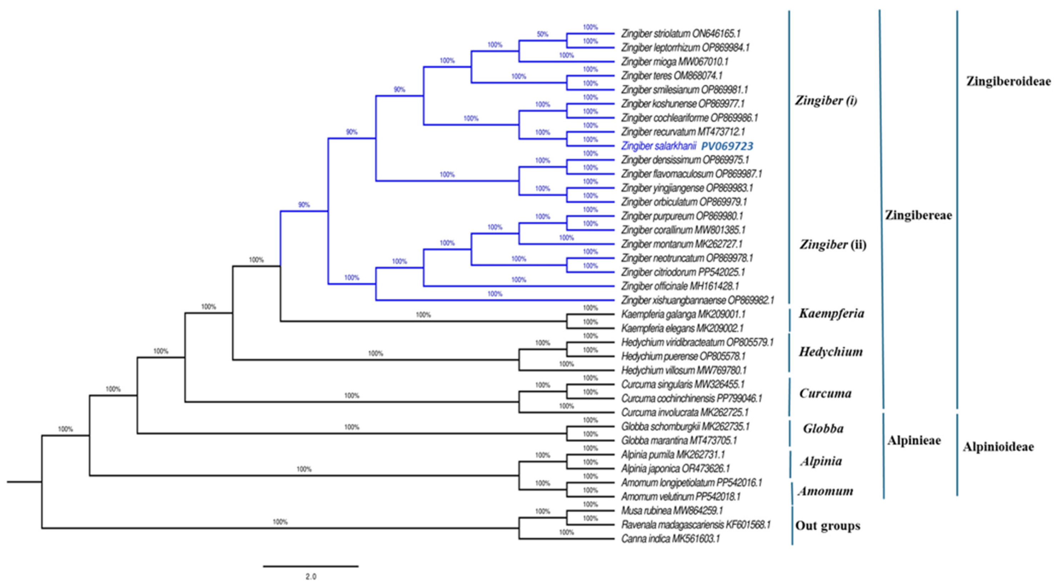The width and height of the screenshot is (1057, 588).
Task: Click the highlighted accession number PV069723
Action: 727,146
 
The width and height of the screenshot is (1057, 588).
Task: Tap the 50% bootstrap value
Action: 542,34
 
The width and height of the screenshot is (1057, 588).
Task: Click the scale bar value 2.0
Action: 311,577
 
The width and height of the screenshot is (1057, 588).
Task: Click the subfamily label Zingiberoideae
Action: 1008,81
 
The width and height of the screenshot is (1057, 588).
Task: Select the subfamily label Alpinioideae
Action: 998,447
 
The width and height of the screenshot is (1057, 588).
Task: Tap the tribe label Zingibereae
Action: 918,215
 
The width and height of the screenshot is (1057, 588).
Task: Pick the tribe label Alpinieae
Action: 914,441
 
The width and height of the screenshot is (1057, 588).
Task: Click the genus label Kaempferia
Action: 831,314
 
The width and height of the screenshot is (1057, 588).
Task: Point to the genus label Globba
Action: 823,429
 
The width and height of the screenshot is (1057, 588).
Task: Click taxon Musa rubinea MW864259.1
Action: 672,511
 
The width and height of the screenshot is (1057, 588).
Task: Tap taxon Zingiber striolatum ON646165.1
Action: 680,34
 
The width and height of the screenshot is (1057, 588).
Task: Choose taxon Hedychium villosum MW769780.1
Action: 683,370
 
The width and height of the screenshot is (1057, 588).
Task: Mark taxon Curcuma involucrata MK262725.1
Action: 685,412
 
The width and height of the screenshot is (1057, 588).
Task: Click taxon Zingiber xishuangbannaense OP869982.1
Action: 697,301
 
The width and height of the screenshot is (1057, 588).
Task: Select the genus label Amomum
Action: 825,491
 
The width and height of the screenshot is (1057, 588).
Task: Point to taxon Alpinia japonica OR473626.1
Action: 675,469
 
